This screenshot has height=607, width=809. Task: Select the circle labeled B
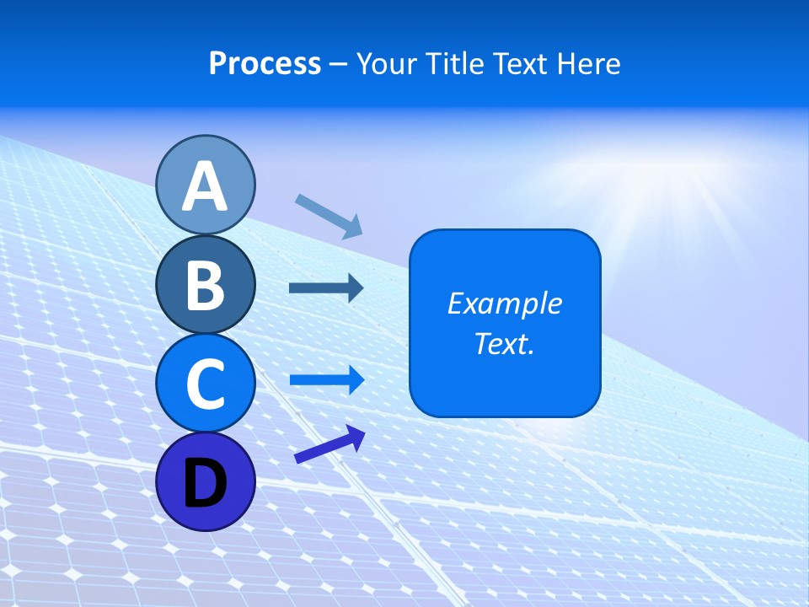(x=206, y=284)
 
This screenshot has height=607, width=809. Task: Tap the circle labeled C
(x=206, y=384)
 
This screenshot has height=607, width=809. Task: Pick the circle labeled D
(x=206, y=481)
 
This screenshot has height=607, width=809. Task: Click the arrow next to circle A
(x=329, y=216)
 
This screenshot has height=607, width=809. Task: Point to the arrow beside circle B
(x=326, y=288)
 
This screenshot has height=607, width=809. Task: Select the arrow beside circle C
(x=327, y=380)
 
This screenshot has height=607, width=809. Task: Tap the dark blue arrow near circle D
(x=329, y=444)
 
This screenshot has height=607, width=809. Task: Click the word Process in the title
(x=265, y=63)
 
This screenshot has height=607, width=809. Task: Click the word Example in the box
(x=504, y=303)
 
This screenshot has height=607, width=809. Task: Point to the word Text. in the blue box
(x=504, y=344)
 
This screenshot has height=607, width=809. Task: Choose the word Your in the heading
(x=384, y=63)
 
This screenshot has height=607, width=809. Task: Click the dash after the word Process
(x=339, y=64)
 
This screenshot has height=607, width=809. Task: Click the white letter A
(x=206, y=186)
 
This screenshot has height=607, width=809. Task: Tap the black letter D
(x=206, y=483)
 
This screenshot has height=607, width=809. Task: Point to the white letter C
(x=206, y=384)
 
